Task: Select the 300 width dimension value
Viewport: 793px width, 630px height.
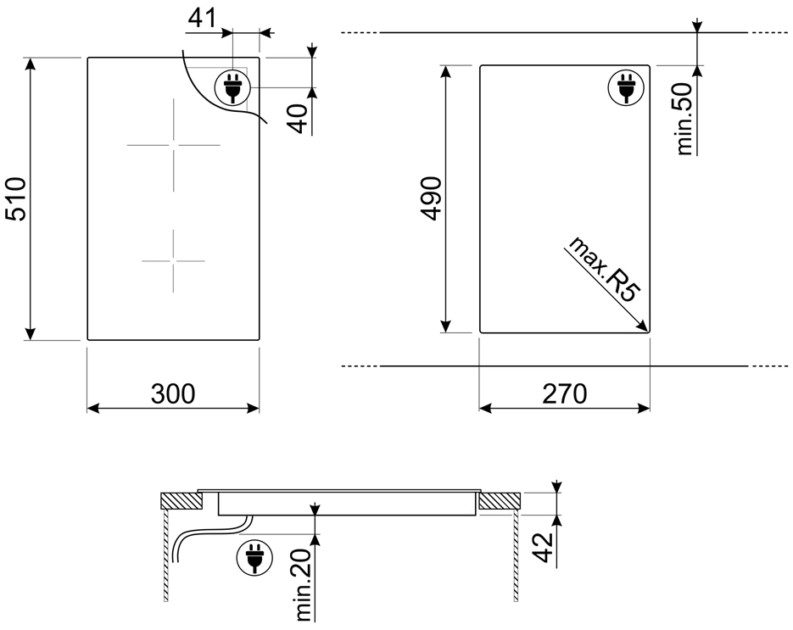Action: (x=173, y=394)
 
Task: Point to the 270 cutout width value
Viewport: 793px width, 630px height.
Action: (x=565, y=394)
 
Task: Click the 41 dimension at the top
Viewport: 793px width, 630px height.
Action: (x=203, y=19)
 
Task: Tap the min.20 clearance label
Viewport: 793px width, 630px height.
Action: (x=304, y=585)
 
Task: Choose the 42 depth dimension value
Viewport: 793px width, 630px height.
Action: (x=543, y=548)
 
